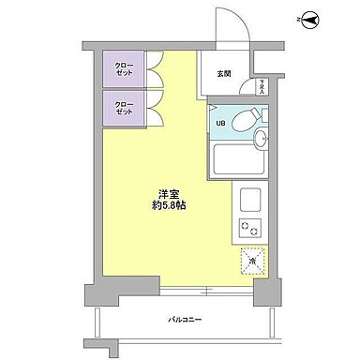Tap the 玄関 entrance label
224,75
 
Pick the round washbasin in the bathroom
262,141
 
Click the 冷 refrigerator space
251,260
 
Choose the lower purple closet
124,109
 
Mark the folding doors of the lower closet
154,109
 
